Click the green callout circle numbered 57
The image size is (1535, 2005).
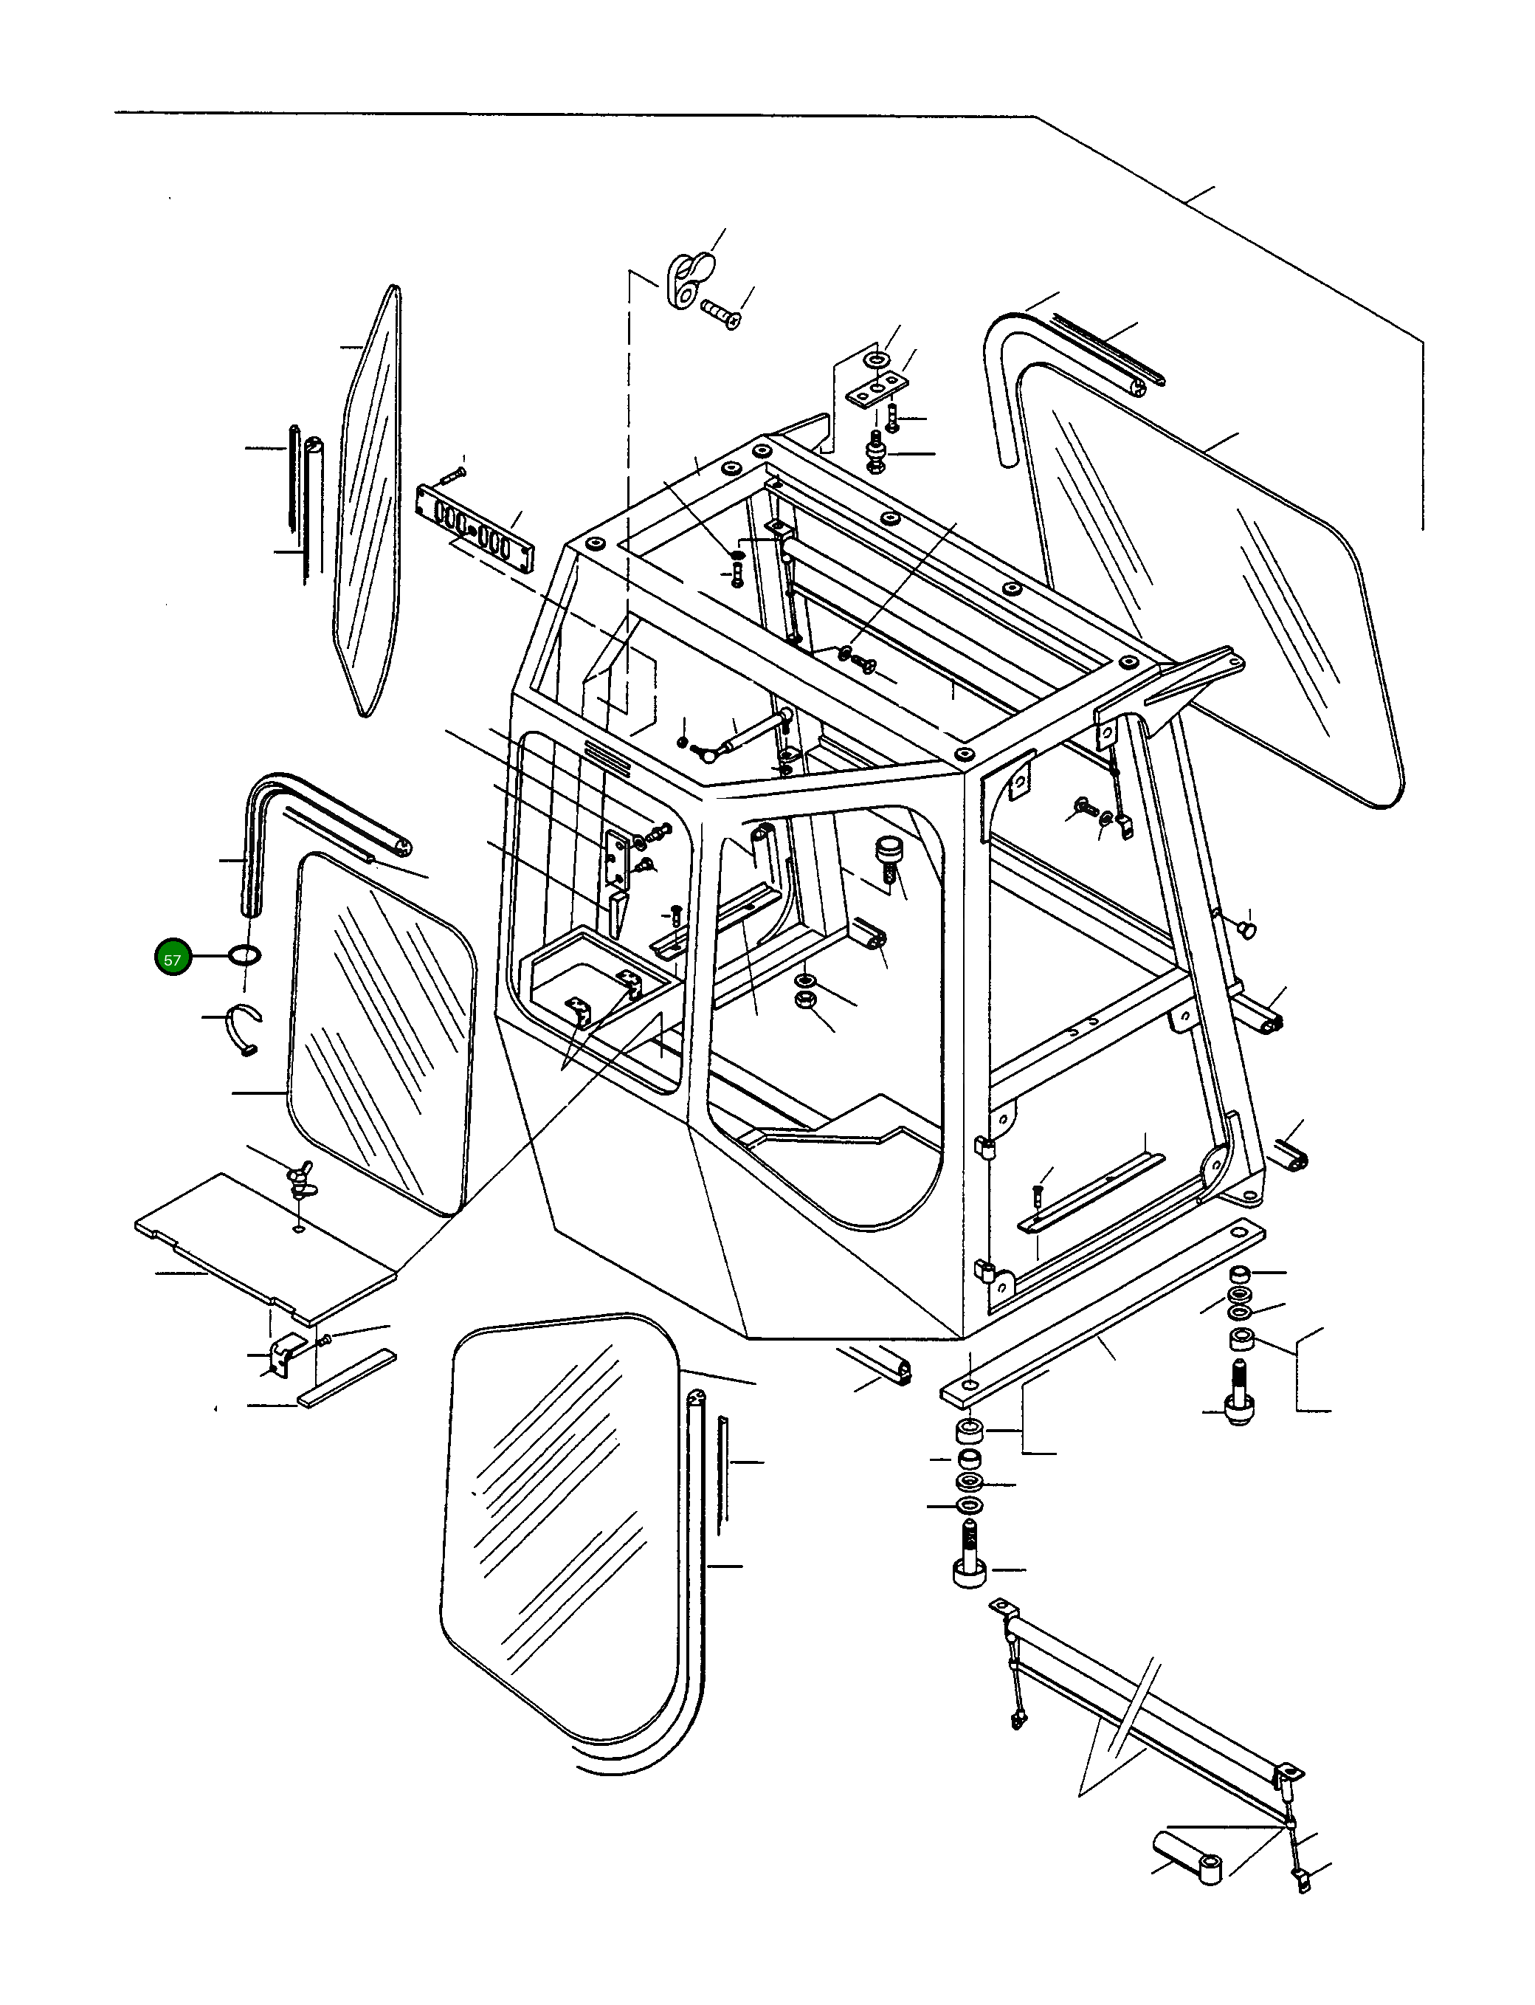172,959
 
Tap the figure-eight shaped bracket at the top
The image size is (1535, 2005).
686,281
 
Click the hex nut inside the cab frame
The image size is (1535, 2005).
806,999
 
